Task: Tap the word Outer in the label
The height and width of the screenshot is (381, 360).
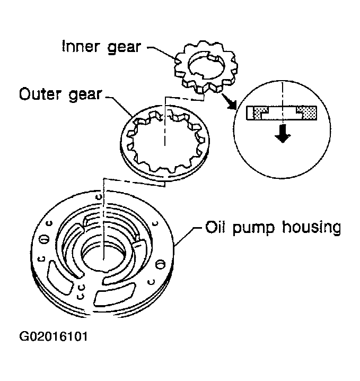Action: (39, 96)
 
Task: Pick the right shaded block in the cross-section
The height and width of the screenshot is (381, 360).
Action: (308, 111)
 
